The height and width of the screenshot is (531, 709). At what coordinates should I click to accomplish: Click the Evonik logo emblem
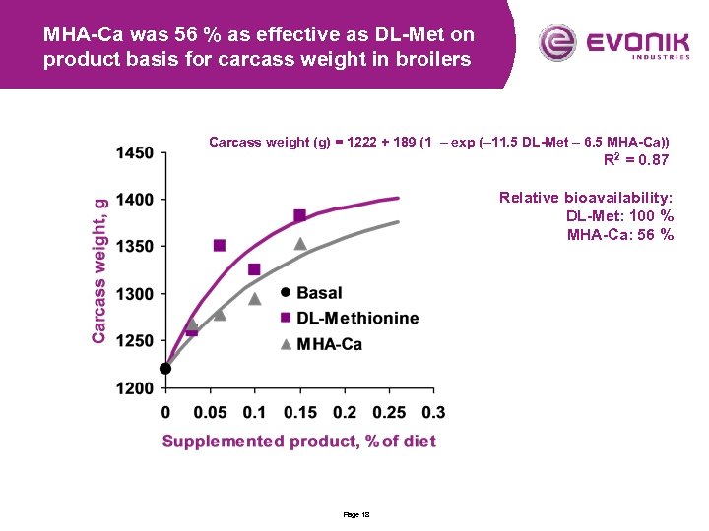pyautogui.click(x=557, y=42)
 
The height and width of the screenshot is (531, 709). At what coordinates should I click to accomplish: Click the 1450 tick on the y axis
pyautogui.click(x=135, y=152)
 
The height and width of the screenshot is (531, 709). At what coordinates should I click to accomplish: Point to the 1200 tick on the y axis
pyautogui.click(x=135, y=388)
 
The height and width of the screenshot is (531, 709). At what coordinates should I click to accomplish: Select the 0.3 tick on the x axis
pyautogui.click(x=433, y=411)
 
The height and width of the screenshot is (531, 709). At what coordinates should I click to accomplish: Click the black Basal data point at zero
pyautogui.click(x=165, y=369)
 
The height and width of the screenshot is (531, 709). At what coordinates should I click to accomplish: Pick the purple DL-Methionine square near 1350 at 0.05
pyautogui.click(x=220, y=245)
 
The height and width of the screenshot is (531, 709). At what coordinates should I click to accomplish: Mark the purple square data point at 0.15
pyautogui.click(x=299, y=215)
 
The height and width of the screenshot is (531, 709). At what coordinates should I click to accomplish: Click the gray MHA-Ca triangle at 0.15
pyautogui.click(x=300, y=243)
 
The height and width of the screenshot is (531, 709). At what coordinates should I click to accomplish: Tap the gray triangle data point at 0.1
pyautogui.click(x=254, y=298)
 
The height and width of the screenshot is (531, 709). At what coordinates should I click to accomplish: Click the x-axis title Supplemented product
pyautogui.click(x=298, y=442)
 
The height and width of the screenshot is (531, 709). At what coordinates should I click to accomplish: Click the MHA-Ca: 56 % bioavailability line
pyautogui.click(x=620, y=234)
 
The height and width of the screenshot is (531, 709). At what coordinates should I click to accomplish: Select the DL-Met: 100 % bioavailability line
pyautogui.click(x=619, y=215)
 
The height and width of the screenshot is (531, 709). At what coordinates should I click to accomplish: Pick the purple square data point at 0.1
pyautogui.click(x=254, y=269)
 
